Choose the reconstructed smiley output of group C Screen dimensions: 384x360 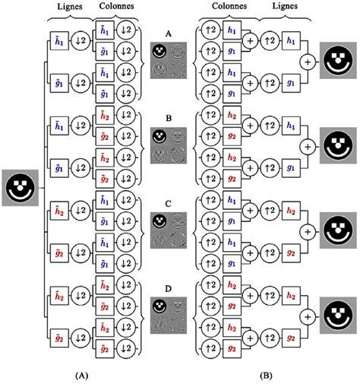click(x=338, y=228)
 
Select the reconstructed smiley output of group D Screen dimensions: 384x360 click(x=338, y=315)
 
